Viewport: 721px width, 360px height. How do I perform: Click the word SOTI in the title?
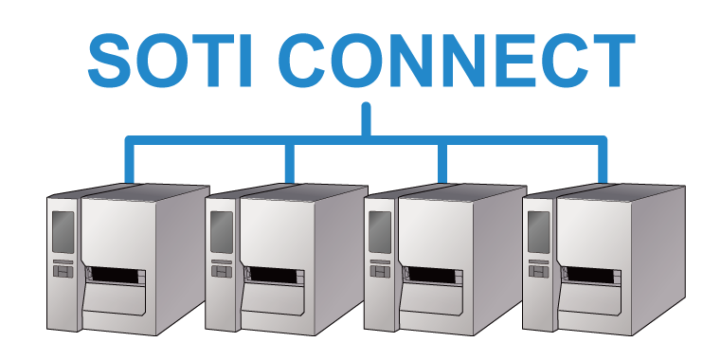[x=171, y=61]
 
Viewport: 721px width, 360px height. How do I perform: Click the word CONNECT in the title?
[x=457, y=61]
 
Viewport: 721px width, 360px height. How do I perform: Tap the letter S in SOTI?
[x=110, y=61]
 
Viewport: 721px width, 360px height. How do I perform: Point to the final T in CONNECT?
[x=612, y=61]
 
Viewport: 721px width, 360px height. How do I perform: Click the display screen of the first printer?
[x=63, y=232]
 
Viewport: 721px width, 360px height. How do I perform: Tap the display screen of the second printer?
[x=222, y=232]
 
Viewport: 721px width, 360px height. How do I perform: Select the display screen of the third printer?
[x=380, y=232]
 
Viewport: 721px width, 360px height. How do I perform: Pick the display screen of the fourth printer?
[x=538, y=232]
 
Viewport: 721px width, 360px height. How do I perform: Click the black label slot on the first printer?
[x=115, y=275]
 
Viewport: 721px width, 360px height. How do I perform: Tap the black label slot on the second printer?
[x=274, y=275]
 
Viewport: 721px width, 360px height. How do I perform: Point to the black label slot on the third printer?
[x=432, y=275]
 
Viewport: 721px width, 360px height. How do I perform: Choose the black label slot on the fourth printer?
[x=590, y=275]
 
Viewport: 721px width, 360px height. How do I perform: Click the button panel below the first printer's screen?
[x=63, y=271]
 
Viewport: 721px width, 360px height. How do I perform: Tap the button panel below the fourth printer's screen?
[x=538, y=271]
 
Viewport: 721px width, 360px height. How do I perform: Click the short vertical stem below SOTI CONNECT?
[x=366, y=119]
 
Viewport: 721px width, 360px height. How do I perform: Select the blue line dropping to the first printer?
[x=130, y=160]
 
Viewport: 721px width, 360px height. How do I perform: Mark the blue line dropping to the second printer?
[x=289, y=163]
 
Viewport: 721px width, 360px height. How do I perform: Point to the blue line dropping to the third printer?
[x=442, y=163]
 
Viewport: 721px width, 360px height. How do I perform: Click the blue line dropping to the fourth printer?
[x=603, y=160]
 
